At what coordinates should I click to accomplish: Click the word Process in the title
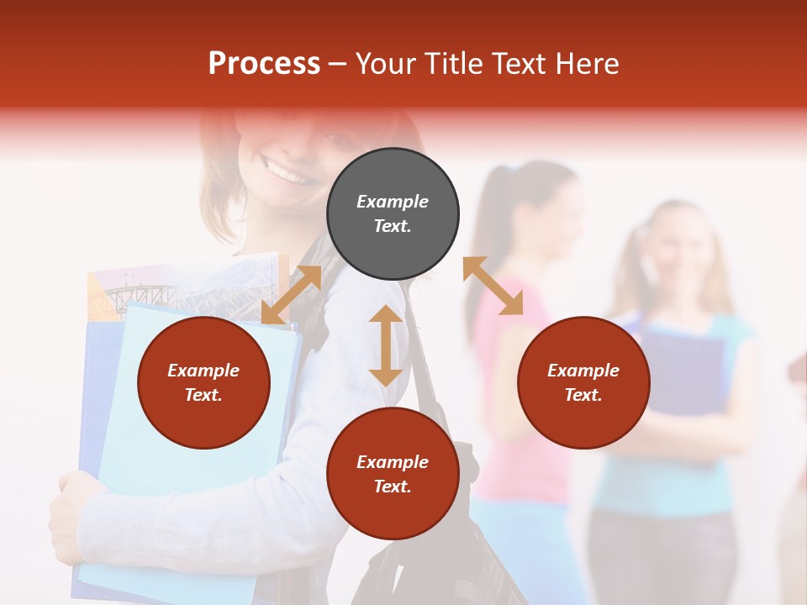tap(264, 64)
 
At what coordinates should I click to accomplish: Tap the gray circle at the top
tap(393, 214)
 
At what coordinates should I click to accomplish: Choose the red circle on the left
tap(203, 383)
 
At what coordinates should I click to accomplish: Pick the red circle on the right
tap(583, 383)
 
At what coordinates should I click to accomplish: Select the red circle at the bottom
tap(393, 474)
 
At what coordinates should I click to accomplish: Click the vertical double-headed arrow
tap(386, 345)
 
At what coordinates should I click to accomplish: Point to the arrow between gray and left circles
tap(291, 294)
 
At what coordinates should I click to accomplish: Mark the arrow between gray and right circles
tap(493, 286)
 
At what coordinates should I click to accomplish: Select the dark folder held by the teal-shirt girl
tap(685, 370)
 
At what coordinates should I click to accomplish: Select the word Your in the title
tap(388, 64)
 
